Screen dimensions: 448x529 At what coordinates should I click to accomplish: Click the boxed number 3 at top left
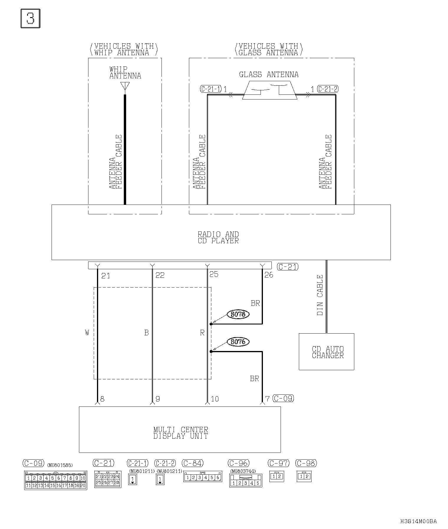[30, 19]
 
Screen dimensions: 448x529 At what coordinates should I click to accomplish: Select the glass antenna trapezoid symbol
[270, 90]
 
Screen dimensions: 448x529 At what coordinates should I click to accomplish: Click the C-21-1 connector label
[210, 89]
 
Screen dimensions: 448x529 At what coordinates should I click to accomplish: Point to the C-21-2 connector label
[328, 89]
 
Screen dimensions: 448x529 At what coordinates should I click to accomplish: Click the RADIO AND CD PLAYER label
[218, 238]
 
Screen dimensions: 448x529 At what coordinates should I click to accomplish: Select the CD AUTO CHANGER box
[326, 352]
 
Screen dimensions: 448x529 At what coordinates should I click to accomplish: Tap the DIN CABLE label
[320, 295]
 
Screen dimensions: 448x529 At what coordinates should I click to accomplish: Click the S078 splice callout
[238, 314]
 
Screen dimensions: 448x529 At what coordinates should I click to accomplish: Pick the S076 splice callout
[238, 342]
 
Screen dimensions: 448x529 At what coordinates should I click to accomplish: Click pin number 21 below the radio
[106, 276]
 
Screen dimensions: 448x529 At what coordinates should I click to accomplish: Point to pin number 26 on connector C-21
[269, 275]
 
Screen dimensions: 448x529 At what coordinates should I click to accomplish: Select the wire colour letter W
[87, 333]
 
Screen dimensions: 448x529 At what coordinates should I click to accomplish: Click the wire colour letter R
[202, 333]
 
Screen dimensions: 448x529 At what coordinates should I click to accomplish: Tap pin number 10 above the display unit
[215, 399]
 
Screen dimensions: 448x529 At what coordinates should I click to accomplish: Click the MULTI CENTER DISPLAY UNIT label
[181, 433]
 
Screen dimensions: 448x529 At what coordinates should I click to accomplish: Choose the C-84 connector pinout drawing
[202, 477]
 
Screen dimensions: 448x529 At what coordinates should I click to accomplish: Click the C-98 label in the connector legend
[306, 463]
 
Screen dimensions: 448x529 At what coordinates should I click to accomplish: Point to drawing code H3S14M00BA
[419, 521]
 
